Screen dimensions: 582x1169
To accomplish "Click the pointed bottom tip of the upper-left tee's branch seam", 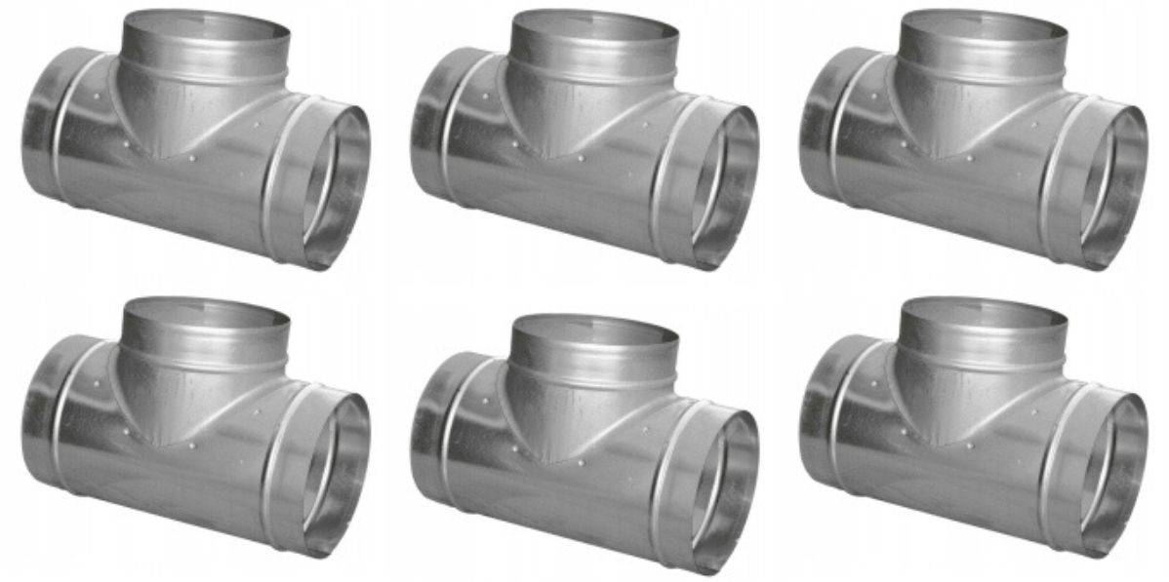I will point(162,157).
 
